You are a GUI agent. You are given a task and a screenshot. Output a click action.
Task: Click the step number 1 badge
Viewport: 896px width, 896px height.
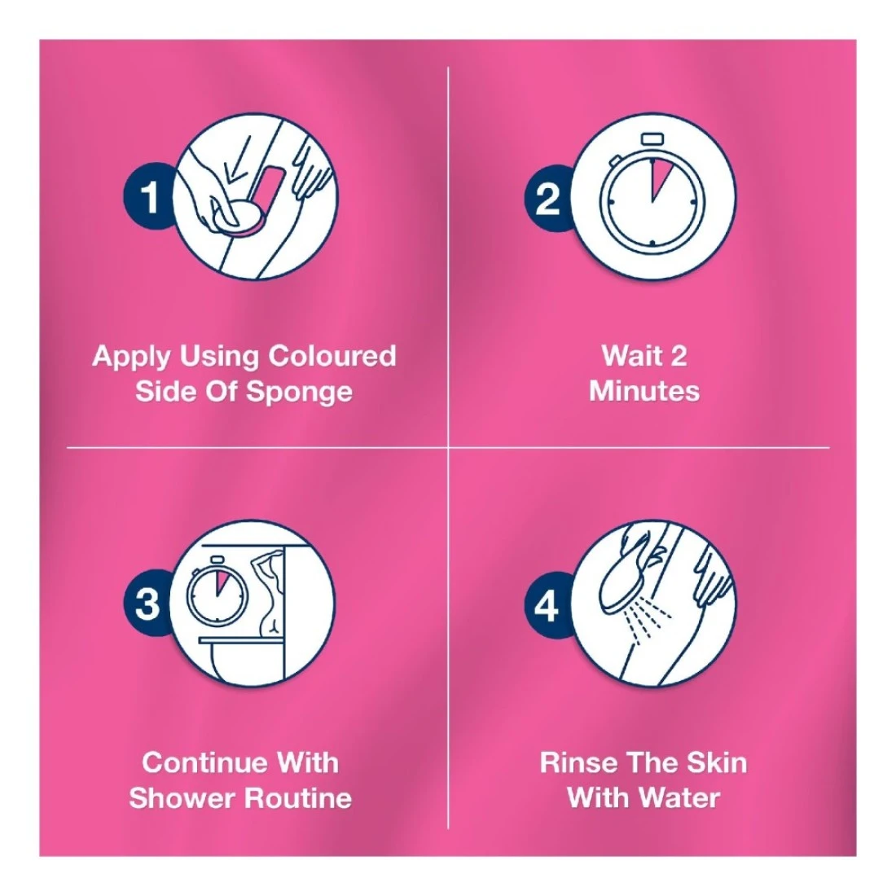point(147,196)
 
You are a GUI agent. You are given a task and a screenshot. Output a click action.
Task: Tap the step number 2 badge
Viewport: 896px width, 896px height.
point(547,198)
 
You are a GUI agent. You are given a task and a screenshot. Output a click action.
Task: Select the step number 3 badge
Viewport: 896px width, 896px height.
point(147,604)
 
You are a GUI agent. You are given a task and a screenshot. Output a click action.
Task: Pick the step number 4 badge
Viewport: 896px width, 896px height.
point(547,605)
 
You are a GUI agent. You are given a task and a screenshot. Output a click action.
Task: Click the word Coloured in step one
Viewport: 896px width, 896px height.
point(332,355)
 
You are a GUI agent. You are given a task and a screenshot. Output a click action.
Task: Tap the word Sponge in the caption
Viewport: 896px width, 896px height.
point(300,393)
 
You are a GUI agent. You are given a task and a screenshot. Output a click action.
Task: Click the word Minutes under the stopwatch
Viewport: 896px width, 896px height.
point(644,392)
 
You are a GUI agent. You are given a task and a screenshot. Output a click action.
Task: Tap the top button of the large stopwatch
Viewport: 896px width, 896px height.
point(652,138)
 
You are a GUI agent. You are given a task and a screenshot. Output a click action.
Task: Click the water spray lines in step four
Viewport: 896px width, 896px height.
point(648,625)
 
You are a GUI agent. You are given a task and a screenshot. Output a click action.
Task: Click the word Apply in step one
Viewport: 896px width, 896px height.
point(131,357)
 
